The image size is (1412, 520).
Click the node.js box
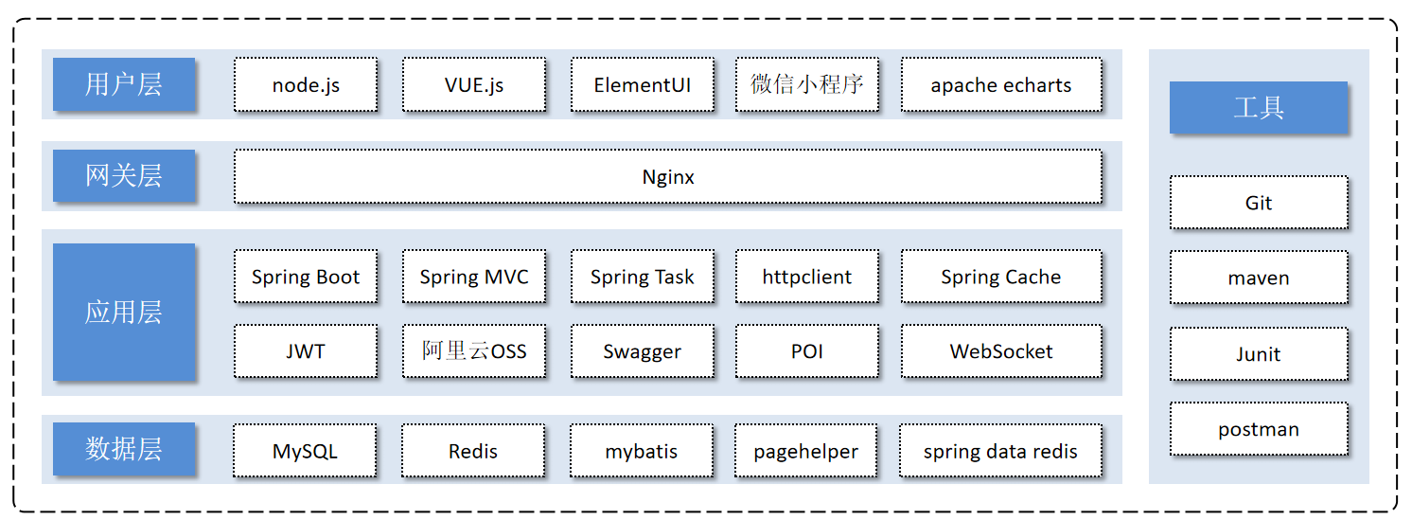tap(306, 84)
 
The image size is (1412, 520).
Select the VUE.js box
tap(474, 84)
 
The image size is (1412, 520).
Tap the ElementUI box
tap(643, 84)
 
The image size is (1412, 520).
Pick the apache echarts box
tap(1001, 84)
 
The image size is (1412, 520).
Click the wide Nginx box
tap(668, 177)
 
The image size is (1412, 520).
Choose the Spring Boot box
tap(306, 277)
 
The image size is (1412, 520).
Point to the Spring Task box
tap(643, 277)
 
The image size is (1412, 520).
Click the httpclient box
tap(807, 277)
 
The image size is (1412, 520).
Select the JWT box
tap(306, 350)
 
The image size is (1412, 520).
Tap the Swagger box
tap(643, 350)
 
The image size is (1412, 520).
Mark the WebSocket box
tap(1001, 350)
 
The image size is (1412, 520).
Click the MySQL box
tap(305, 451)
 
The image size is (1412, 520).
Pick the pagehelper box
tap(805, 451)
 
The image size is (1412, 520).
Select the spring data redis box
tap(1000, 451)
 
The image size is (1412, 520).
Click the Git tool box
tap(1259, 203)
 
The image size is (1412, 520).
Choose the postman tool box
tap(1259, 429)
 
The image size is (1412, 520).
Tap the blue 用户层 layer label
tap(124, 84)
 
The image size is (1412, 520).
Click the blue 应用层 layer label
tap(124, 312)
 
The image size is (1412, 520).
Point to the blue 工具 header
tap(1258, 107)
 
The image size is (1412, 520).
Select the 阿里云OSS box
tap(474, 350)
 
